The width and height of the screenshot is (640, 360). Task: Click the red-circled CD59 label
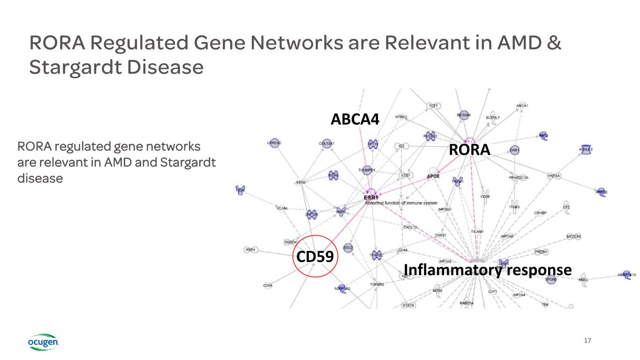[313, 256]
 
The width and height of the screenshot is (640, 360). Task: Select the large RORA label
[469, 150]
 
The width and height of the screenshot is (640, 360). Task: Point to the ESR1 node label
[371, 198]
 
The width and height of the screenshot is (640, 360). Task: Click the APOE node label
[433, 176]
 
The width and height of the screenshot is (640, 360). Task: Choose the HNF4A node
[554, 176]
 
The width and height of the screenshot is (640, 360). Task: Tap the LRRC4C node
[274, 143]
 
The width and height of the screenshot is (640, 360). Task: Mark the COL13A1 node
[326, 143]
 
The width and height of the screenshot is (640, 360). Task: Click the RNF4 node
[251, 250]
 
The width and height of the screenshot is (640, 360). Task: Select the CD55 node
[268, 285]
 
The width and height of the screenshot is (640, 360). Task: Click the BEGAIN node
[464, 115]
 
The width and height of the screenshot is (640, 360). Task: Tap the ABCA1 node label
[522, 105]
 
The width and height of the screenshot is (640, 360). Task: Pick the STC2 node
[348, 247]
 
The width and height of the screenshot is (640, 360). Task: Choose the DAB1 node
[514, 150]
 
